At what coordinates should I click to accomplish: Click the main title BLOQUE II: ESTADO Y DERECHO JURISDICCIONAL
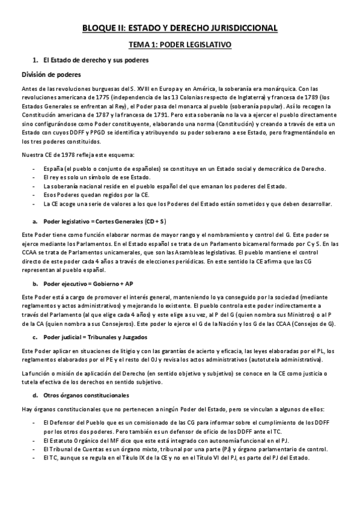pos(180,28)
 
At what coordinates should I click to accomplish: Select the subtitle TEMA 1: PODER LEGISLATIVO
pos(180,45)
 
